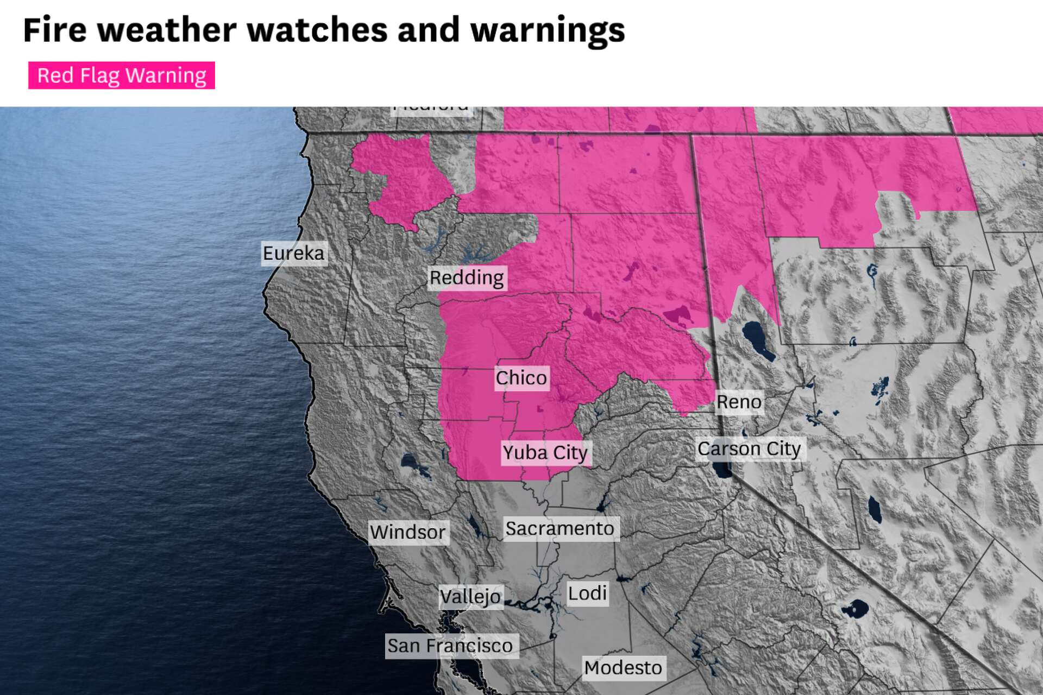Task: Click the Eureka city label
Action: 294,253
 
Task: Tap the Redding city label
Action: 467,278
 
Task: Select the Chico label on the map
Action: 521,378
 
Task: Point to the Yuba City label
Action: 545,452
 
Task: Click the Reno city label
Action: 739,402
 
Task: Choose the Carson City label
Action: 749,449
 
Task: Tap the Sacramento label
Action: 560,528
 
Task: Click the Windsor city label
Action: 408,532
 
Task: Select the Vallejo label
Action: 470,597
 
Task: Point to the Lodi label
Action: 587,593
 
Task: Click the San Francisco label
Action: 450,646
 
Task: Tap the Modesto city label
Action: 623,667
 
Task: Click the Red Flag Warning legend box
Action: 122,75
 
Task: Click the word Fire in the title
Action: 55,30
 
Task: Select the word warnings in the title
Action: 548,30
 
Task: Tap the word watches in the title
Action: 317,30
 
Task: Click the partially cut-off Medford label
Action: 431,109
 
